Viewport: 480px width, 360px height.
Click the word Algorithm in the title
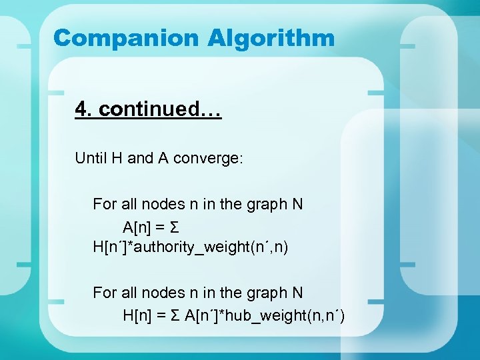pos(271,38)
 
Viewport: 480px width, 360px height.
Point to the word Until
pos(90,158)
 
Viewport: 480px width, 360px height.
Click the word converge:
pos(209,158)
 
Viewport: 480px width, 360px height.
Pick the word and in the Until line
pos(140,158)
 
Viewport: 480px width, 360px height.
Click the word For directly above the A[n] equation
pos(105,204)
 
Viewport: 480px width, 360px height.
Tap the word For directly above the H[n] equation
pos(105,293)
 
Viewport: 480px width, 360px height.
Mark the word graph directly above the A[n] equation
pos(266,204)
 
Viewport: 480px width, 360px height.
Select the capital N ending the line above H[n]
pos(297,293)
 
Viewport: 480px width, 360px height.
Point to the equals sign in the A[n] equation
pos(161,227)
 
